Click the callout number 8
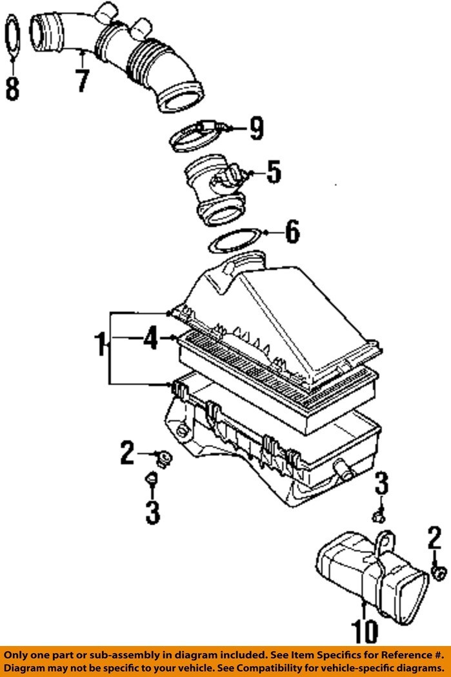click(x=12, y=88)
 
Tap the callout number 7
click(x=81, y=79)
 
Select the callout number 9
click(x=256, y=130)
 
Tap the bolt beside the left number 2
click(x=164, y=459)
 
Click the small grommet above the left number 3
click(x=151, y=479)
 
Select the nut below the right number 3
click(x=380, y=515)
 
